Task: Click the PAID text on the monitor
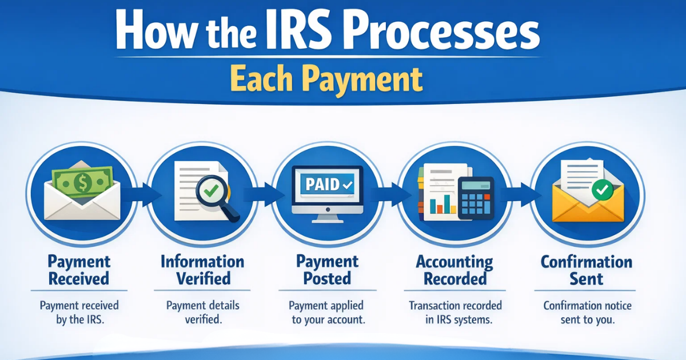[x=322, y=185]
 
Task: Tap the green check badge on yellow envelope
[x=601, y=190]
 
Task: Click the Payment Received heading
[x=79, y=270]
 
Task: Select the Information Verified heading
[x=202, y=270]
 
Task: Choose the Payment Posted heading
[x=327, y=270]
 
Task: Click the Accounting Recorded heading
[x=454, y=270]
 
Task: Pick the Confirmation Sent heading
[x=587, y=270]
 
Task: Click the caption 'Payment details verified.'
[x=202, y=313]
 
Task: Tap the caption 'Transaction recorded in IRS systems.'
[x=455, y=313]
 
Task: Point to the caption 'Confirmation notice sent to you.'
[x=587, y=313]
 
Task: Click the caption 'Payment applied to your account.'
[x=328, y=313]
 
